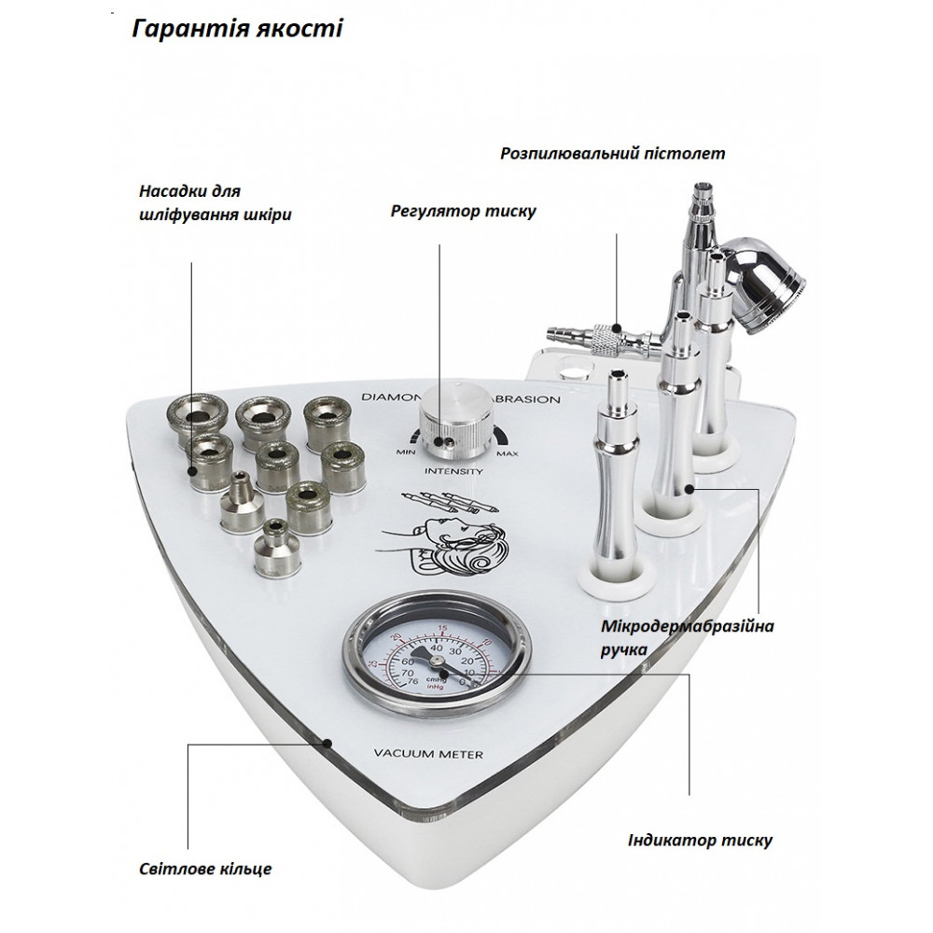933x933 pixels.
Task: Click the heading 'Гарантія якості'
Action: [x=237, y=29]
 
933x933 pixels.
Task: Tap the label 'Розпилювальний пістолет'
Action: [x=612, y=153]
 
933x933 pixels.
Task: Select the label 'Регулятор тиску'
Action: [x=463, y=211]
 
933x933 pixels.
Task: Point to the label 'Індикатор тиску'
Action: [x=698, y=840]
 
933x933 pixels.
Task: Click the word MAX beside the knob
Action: [x=508, y=453]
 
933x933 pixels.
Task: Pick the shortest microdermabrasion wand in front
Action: [x=614, y=485]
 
